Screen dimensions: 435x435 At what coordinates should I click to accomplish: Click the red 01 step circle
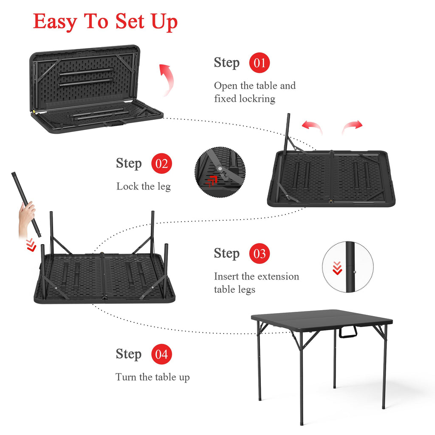tap(260, 63)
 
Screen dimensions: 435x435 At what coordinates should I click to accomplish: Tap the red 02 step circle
tap(161, 164)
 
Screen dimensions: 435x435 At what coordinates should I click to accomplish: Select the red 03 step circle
tap(260, 254)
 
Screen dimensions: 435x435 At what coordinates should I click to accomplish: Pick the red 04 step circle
tap(161, 354)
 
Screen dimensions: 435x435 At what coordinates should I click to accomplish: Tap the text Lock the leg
tap(144, 186)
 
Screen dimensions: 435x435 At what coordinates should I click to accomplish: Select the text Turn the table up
tap(153, 377)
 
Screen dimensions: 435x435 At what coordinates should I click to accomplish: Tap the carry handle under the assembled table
tap(348, 332)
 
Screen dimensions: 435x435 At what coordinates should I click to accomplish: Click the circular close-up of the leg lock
tap(220, 172)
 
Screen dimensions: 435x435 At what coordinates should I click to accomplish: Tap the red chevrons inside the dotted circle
tap(337, 268)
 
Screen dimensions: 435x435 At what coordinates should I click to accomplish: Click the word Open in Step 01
tap(226, 86)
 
